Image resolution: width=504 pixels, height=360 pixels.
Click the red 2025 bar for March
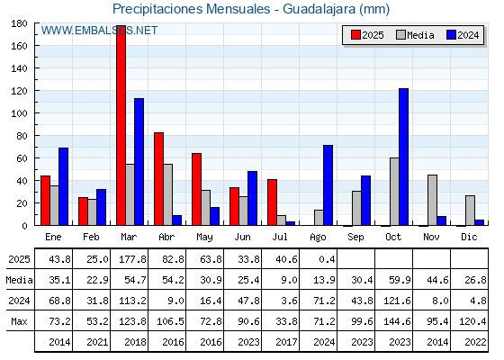point(121,125)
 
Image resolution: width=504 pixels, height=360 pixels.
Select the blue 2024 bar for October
point(404,157)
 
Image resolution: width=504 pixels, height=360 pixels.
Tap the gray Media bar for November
point(432,200)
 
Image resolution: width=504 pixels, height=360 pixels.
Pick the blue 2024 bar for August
point(328,185)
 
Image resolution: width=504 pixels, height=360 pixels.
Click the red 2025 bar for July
point(272,202)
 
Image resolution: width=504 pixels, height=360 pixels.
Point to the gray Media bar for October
point(395,192)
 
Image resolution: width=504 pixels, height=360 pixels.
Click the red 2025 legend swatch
point(355,35)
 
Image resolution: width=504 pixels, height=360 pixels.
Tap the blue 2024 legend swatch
point(451,35)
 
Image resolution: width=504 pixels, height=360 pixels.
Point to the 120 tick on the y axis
point(19,91)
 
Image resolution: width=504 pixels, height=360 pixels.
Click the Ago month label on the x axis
point(318,238)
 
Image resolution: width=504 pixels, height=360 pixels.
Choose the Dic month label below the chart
point(469,237)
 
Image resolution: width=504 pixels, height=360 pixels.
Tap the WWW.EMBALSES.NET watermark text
point(99,31)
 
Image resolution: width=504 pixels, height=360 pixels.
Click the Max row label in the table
point(19,321)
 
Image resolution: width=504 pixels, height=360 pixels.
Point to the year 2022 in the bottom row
point(475,342)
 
